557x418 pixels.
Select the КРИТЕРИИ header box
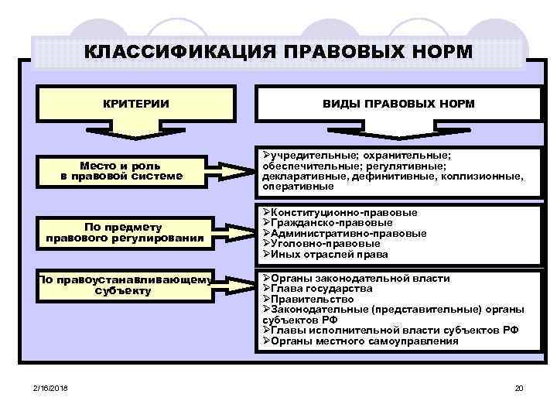[x=137, y=104]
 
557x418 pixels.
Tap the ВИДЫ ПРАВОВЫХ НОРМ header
[x=398, y=104]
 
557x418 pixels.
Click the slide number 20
[x=519, y=387]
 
